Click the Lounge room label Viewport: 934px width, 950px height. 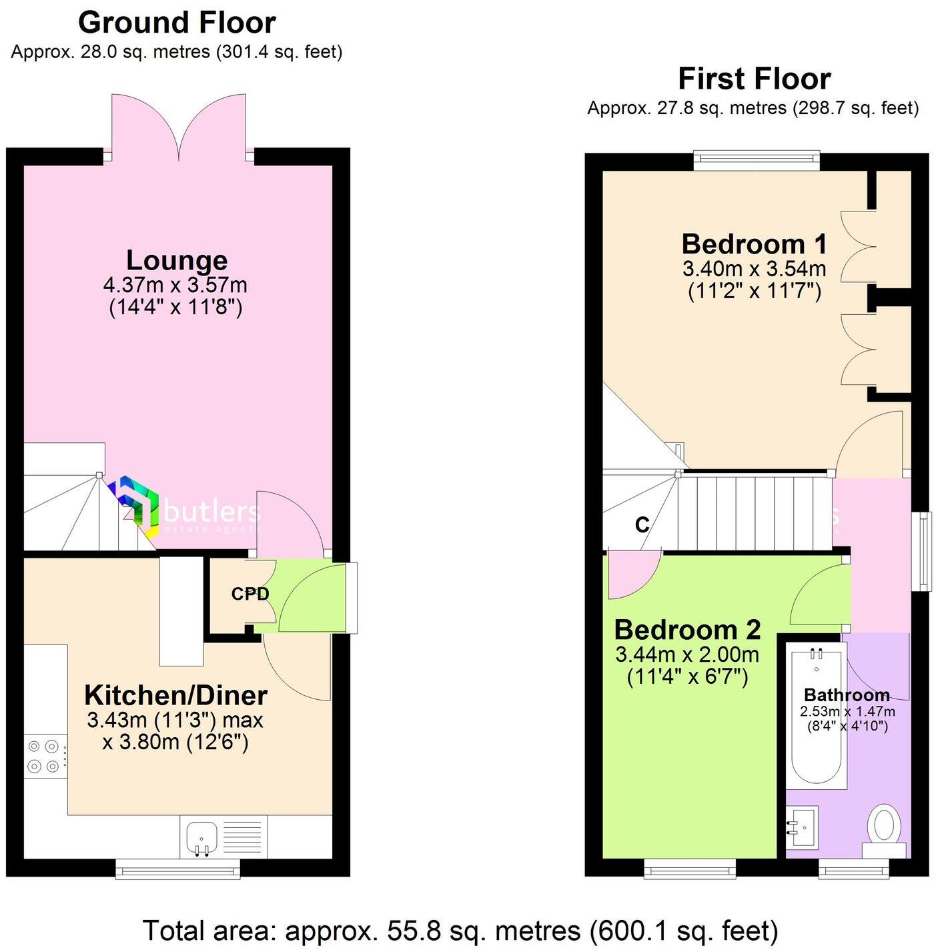[177, 260]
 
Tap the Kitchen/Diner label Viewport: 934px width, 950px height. [175, 695]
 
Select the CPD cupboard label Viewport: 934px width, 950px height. [250, 594]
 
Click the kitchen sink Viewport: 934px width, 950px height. [201, 838]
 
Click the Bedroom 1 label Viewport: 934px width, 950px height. [755, 244]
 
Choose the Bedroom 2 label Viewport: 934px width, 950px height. [687, 630]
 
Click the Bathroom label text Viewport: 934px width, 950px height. [847, 695]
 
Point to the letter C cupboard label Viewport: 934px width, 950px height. [642, 525]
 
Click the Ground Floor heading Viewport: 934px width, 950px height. [177, 23]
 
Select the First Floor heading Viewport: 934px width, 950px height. [754, 79]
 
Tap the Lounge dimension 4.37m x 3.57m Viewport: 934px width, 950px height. [175, 286]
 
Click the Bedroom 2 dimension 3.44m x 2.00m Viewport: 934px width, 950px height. [687, 654]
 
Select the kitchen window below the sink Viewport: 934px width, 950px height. [177, 867]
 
